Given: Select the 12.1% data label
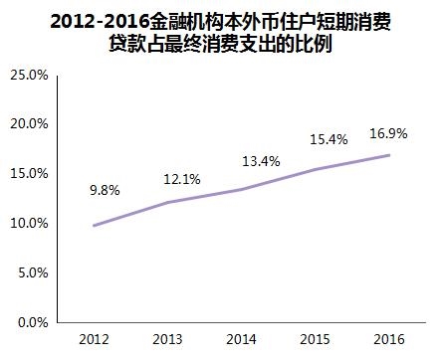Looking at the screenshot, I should click(182, 179).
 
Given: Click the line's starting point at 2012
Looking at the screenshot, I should click(94, 225).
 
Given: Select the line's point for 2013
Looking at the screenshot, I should click(168, 202).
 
